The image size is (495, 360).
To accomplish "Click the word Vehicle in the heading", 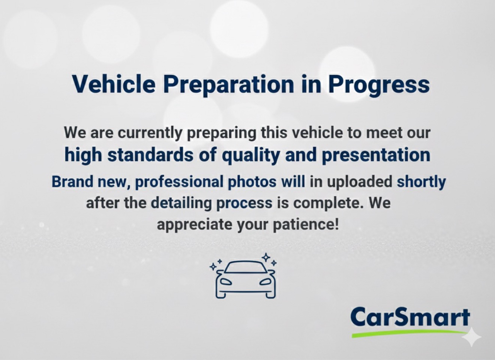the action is [x=114, y=84].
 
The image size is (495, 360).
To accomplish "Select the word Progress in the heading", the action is [x=379, y=86].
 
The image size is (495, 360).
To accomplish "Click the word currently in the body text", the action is [x=150, y=133].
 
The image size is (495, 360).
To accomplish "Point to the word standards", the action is [x=150, y=155].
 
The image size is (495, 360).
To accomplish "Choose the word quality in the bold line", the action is [x=251, y=156].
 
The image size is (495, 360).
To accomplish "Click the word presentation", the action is [x=376, y=156].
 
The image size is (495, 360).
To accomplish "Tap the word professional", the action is [x=179, y=182].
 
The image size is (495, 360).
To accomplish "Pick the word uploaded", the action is [x=359, y=182].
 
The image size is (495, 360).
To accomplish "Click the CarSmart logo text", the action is [x=410, y=318].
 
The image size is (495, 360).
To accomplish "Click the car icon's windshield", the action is [x=245, y=267].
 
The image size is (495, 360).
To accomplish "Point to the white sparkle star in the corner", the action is [x=471, y=337].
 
